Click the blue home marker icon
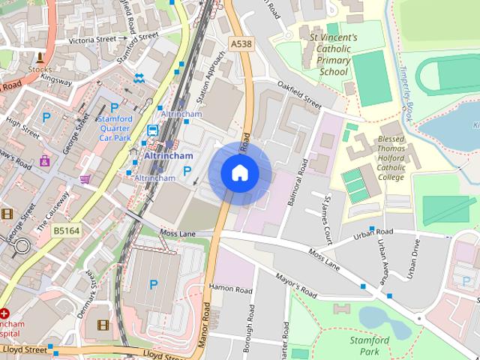pyautogui.click(x=239, y=172)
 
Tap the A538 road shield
pyautogui.click(x=241, y=44)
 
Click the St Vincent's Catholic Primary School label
pyautogui.click(x=333, y=53)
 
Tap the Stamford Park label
pyautogui.click(x=370, y=345)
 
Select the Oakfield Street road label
pyautogui.click(x=298, y=95)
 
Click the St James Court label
pyautogui.click(x=327, y=221)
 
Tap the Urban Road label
pyautogui.click(x=374, y=235)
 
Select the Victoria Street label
pyautogui.click(x=92, y=39)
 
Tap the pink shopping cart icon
pyautogui.click(x=85, y=178)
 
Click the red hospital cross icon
pyautogui.click(x=5, y=312)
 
